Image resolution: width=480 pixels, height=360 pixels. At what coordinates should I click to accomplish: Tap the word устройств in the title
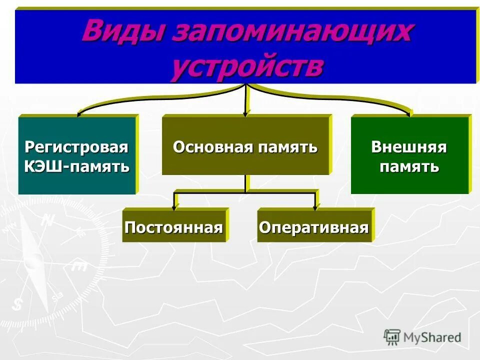pos(246,66)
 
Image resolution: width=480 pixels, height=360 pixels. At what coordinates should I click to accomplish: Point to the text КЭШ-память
pos(76,165)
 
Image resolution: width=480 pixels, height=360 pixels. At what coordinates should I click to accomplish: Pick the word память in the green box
pos(408,165)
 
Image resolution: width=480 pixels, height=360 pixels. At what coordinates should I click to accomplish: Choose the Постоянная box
pos(173,227)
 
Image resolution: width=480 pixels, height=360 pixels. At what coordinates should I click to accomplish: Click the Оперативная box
pos(313,227)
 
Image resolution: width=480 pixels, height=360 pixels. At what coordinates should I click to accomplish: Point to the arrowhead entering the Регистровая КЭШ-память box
pos(78,114)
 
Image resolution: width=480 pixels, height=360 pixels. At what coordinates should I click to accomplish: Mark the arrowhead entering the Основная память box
pos(245,113)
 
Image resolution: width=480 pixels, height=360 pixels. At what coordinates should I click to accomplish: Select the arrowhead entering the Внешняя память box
pos(410,113)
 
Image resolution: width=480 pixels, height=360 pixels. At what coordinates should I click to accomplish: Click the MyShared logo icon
pos(392,337)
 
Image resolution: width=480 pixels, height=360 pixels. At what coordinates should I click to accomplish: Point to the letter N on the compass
pos(48,219)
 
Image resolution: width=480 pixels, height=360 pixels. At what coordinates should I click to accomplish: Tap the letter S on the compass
pos(18,303)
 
